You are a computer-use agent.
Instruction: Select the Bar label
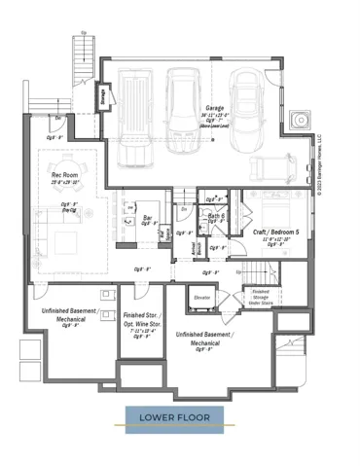pyautogui.click(x=148, y=218)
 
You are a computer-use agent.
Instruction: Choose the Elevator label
pyautogui.click(x=202, y=297)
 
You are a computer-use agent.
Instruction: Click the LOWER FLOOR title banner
pyautogui.click(x=173, y=418)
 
